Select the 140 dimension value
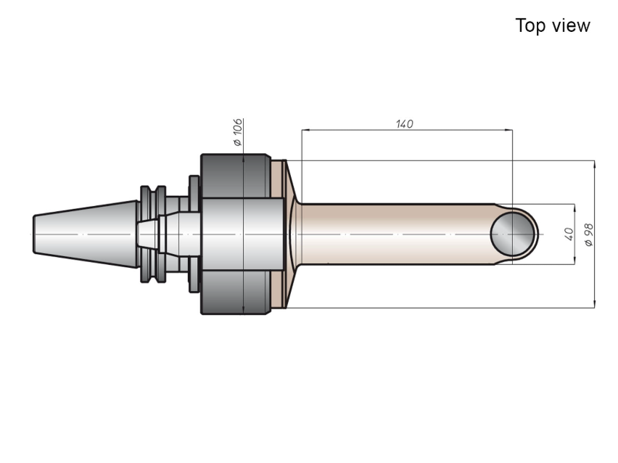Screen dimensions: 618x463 404,124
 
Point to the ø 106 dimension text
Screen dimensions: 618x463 238,132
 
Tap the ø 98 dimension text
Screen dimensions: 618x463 589,235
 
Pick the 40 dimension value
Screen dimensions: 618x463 569,234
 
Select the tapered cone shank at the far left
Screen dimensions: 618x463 86,234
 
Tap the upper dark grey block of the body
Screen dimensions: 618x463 236,176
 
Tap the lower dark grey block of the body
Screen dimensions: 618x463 236,292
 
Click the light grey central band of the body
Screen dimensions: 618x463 242,234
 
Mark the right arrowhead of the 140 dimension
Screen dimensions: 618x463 510,129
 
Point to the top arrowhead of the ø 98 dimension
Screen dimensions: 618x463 594,164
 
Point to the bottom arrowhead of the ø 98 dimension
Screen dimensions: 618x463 594,304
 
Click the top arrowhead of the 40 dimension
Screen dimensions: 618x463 574,208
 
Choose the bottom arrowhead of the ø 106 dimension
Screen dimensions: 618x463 244,311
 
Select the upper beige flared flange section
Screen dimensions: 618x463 284,179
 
